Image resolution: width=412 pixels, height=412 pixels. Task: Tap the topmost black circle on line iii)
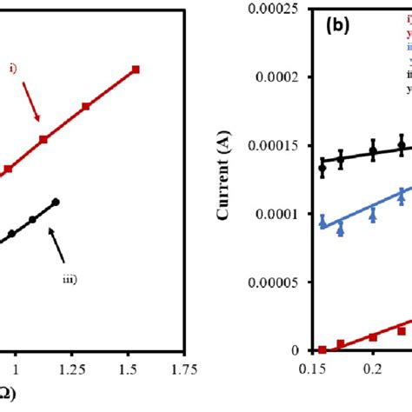click(x=56, y=202)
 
